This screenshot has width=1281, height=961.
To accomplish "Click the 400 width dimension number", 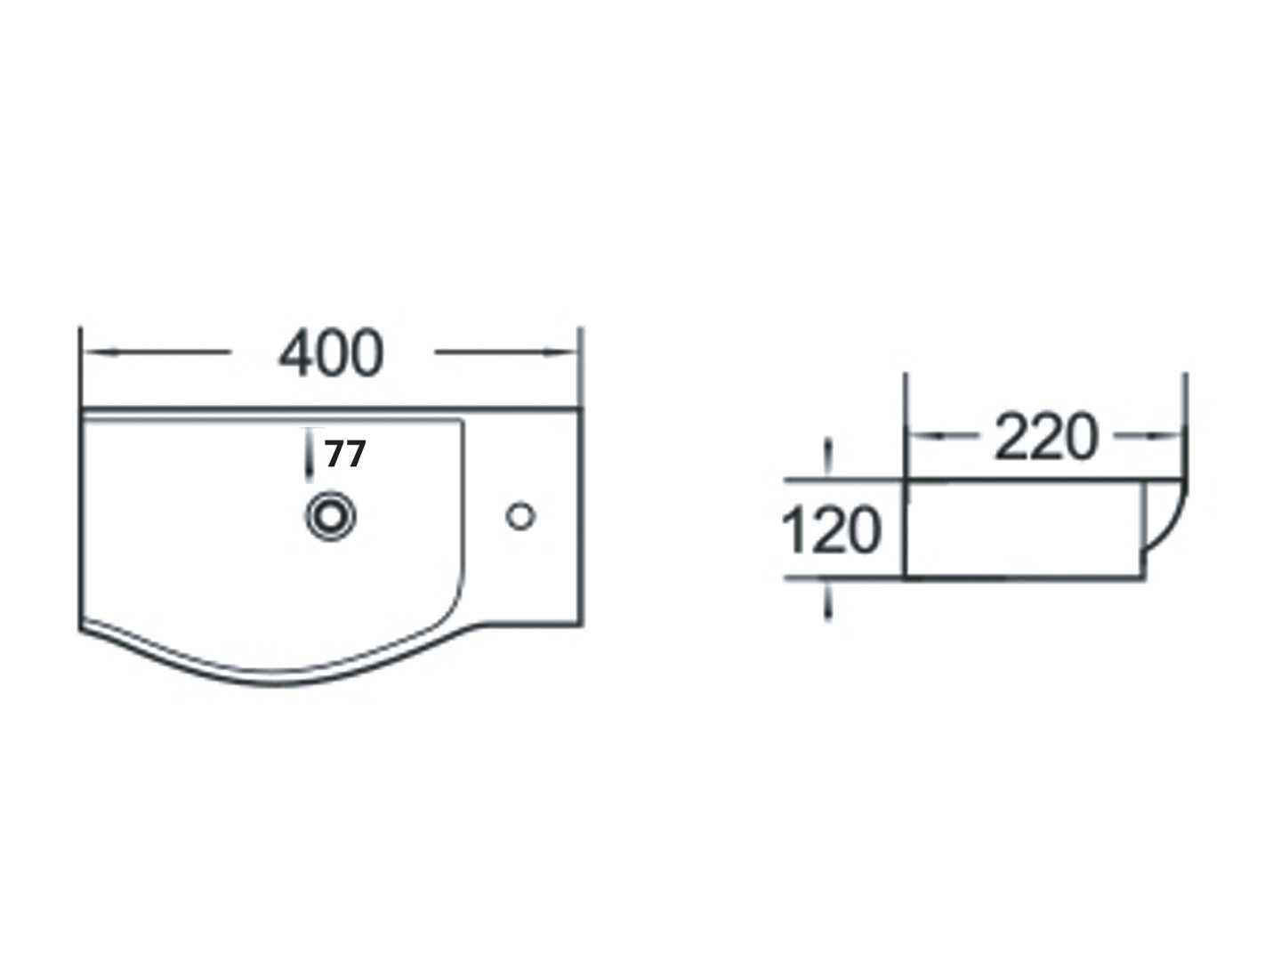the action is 330,353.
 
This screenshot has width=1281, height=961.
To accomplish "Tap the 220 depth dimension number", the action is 1046,437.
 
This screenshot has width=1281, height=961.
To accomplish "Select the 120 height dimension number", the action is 831,529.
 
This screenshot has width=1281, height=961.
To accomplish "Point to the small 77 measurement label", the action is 345,454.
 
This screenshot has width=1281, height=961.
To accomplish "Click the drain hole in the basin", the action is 331,516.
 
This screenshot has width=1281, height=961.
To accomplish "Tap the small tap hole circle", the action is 520,516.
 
